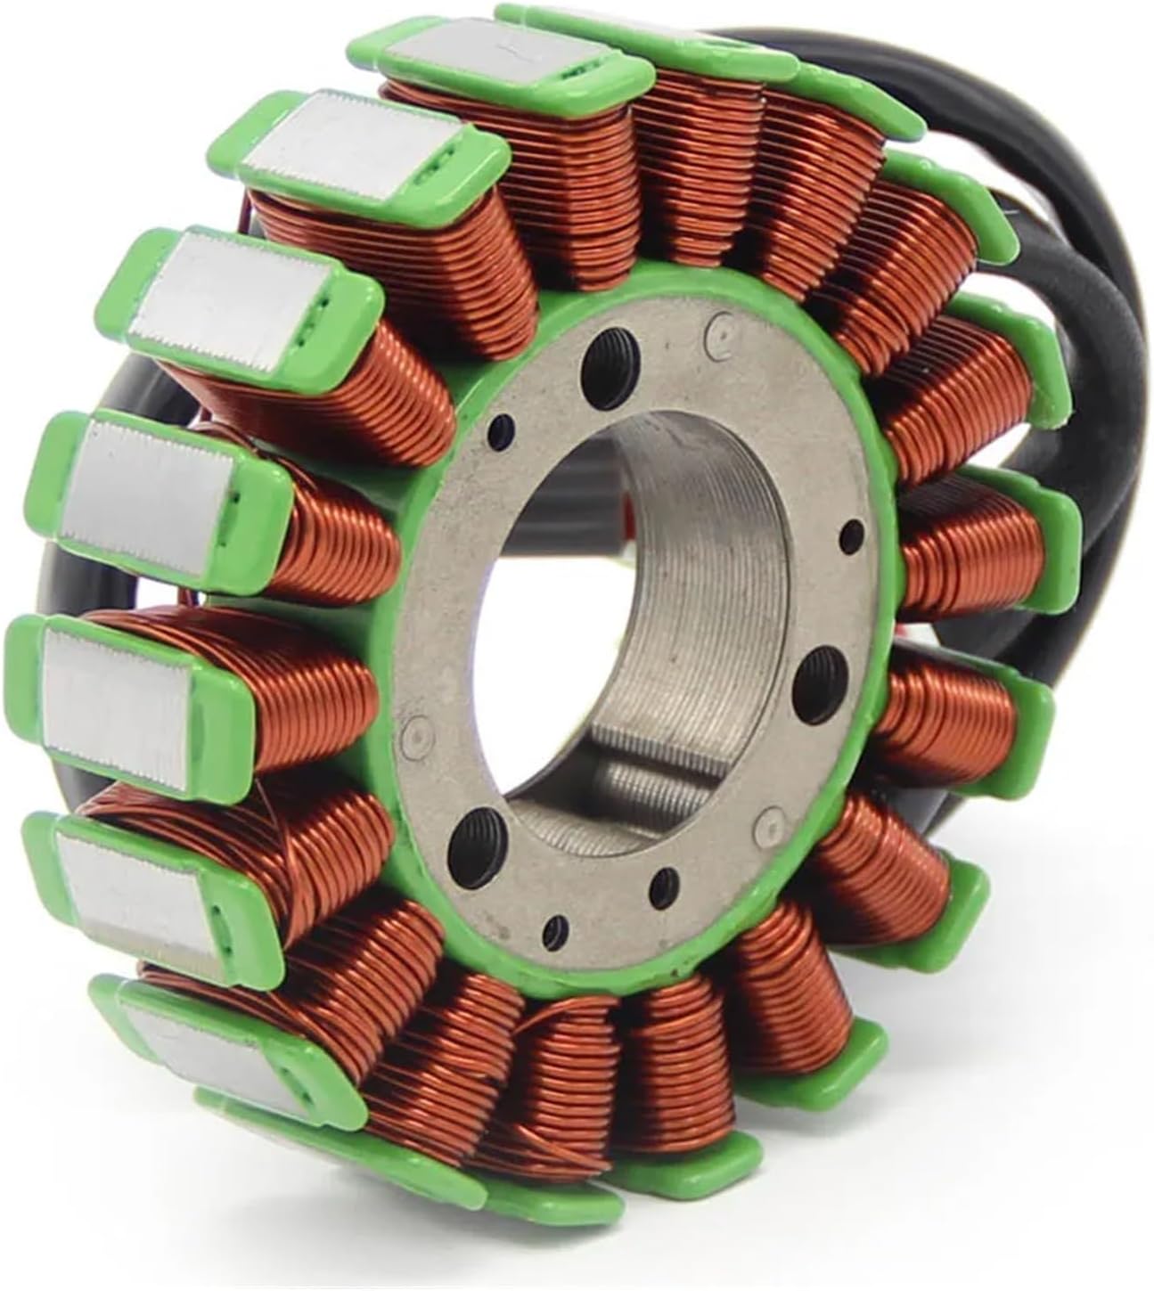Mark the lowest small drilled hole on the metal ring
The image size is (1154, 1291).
[559, 924]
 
